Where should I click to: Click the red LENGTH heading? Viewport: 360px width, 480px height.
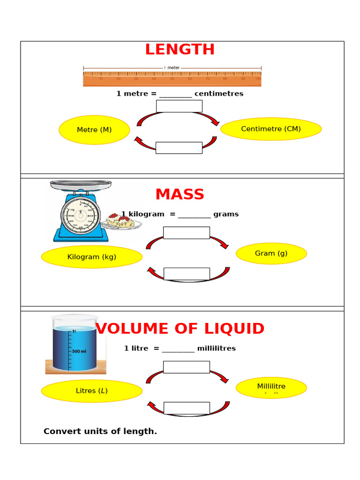[180, 50]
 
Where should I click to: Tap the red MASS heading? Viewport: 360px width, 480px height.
[180, 194]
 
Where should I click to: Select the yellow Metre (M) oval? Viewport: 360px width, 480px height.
[94, 130]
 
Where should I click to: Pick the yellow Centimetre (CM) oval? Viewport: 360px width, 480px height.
[271, 129]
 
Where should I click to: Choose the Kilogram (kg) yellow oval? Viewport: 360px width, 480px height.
[92, 257]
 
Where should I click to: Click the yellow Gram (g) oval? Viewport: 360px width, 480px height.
[271, 254]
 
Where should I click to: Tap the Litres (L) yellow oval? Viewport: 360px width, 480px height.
[92, 391]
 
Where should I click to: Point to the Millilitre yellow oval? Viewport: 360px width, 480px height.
[271, 387]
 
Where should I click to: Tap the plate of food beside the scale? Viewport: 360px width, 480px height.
[120, 221]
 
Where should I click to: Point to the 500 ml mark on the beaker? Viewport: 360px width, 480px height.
[79, 351]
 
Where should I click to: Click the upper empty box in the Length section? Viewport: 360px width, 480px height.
[179, 106]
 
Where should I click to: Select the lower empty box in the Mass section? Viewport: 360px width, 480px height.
[187, 274]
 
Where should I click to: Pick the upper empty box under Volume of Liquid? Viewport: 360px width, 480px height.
[187, 367]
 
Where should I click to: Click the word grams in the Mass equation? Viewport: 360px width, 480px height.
[226, 214]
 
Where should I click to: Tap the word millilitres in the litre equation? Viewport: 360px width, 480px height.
[216, 348]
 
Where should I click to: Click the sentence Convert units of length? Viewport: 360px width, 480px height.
[100, 431]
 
